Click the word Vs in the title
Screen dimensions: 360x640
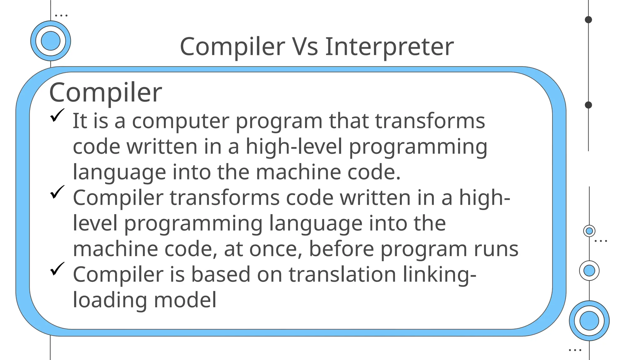tap(305, 47)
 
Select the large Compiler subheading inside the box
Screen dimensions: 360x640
tap(106, 92)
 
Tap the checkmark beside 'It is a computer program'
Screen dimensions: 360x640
tap(57, 115)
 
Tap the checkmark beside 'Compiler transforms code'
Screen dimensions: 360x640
tap(57, 192)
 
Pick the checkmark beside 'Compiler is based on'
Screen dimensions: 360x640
tap(57, 269)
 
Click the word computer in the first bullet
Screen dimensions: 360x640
tap(180, 121)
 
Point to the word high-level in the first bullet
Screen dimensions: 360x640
tap(294, 147)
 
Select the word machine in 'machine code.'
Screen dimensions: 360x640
tap(298, 172)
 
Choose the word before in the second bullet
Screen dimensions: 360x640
tap(341, 249)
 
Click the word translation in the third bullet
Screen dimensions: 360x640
tap(342, 274)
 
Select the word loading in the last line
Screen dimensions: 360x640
tap(110, 301)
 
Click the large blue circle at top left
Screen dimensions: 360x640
tap(51, 41)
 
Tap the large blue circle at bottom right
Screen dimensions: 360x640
tap(589, 321)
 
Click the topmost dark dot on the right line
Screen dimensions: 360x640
tap(588, 20)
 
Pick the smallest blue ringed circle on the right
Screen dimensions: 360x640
tap(589, 231)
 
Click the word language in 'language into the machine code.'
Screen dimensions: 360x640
tap(119, 173)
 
